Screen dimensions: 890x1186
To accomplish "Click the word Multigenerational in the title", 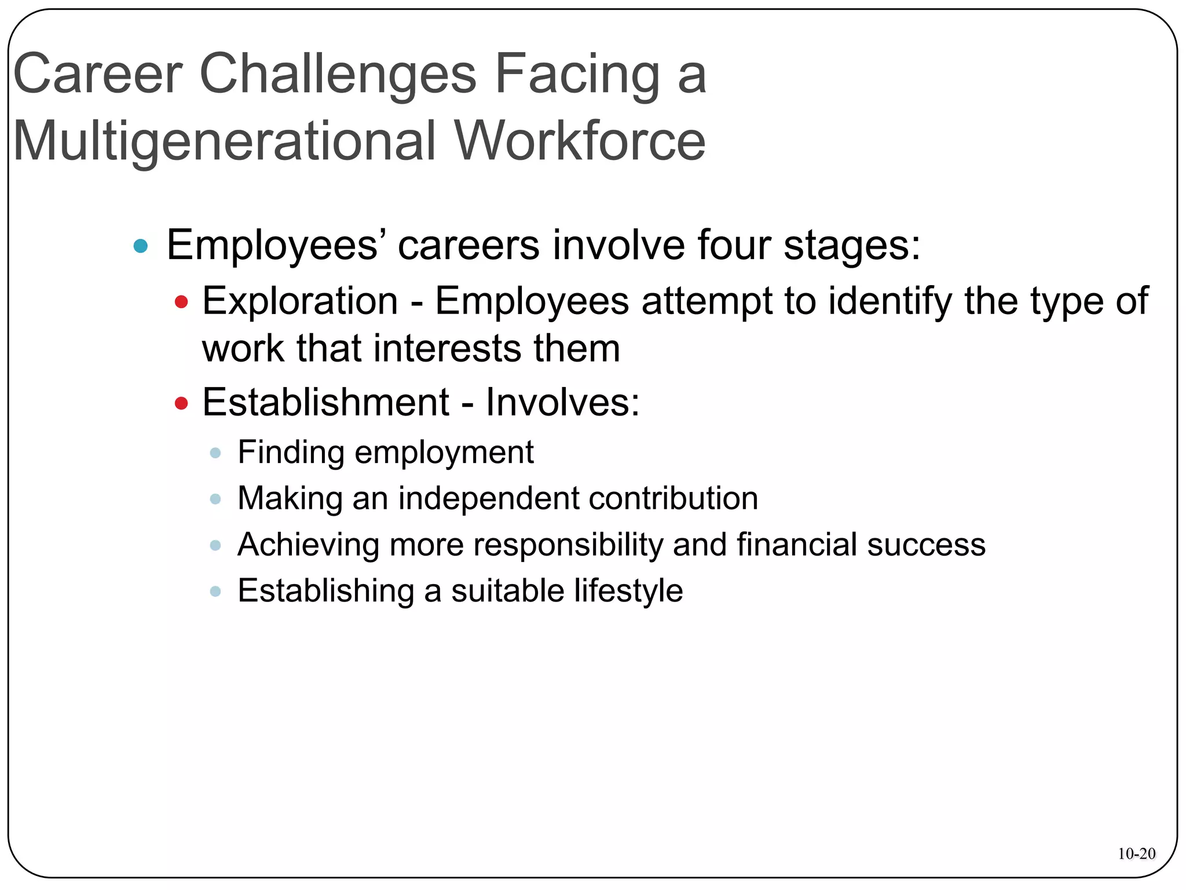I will coord(224,141).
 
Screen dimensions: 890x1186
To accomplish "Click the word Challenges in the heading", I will coord(338,74).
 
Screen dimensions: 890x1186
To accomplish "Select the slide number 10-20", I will coord(1136,853).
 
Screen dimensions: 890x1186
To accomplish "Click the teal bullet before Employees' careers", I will coord(141,246).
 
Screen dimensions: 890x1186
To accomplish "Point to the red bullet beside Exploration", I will coord(181,302).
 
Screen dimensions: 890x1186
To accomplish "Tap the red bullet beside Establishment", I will coord(181,403).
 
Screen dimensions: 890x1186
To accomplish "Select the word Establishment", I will coord(325,402).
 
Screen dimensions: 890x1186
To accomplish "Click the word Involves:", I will coord(562,402).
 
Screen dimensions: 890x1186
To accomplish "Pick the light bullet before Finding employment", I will coord(215,453).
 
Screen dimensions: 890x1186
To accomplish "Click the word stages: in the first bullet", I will coord(852,245).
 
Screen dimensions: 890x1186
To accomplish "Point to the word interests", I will coord(448,349).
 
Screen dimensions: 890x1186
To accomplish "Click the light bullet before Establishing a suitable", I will coord(215,592).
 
